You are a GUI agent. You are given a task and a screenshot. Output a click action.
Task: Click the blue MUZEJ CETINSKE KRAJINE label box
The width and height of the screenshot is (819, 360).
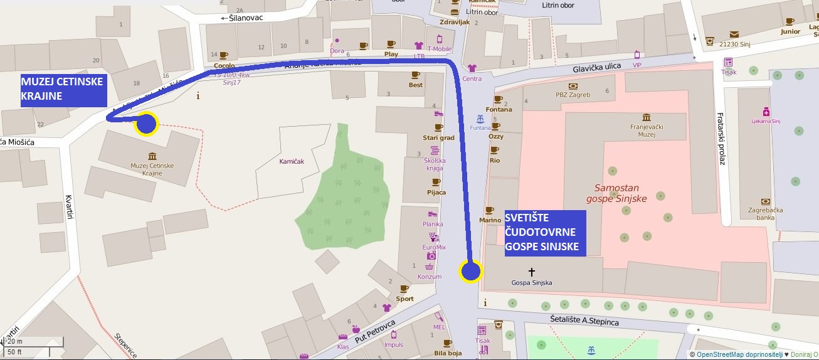[63, 90]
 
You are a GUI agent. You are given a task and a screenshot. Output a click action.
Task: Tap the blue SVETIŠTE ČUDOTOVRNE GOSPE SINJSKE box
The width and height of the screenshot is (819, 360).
[545, 233]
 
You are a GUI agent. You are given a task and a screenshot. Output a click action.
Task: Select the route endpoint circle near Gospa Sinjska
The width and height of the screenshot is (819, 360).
[470, 272]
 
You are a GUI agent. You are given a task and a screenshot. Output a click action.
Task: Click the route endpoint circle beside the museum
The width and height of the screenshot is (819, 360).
[147, 124]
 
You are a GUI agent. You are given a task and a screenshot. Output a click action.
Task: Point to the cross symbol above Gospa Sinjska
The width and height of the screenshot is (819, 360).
[532, 272]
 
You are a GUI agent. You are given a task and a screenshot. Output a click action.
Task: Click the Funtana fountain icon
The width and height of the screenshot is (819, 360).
[479, 119]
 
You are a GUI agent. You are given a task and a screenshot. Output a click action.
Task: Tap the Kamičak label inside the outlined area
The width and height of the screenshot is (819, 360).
[291, 161]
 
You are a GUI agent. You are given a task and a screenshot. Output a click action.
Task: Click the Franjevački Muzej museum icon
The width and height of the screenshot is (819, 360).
[647, 118]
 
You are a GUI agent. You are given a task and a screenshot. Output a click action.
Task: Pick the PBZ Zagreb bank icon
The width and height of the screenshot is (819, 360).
[573, 86]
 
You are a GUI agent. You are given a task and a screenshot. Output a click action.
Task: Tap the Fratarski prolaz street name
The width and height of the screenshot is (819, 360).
[722, 139]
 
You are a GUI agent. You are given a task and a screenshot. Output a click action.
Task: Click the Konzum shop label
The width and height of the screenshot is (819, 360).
[430, 277]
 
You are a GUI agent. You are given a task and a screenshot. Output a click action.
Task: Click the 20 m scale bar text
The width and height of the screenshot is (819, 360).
[15, 341]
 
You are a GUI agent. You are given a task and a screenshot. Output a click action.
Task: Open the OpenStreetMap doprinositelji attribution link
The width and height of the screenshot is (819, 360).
[734, 354]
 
